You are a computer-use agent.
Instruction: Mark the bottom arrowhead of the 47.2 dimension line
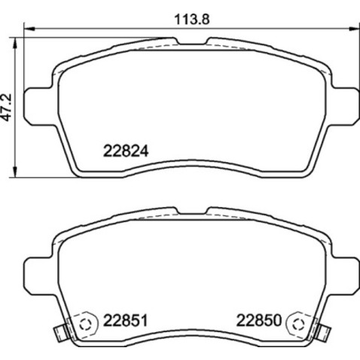tap(19, 169)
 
